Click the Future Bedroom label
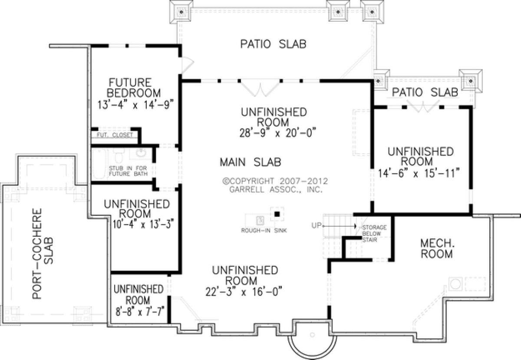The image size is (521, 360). [134, 88]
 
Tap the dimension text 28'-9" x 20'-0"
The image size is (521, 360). [278, 132]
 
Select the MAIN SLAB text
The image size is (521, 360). [251, 162]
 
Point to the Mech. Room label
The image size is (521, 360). [437, 249]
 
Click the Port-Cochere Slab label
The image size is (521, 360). [43, 254]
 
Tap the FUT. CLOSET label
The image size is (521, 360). [115, 135]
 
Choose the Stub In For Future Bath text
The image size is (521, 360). [128, 171]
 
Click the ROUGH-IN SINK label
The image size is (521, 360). [264, 231]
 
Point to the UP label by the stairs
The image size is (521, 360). [316, 225]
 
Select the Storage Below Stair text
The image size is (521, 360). [374, 233]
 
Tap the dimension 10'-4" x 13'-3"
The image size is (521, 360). [144, 224]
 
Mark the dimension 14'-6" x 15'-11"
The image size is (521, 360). [419, 173]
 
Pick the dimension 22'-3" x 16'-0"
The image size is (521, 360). [244, 291]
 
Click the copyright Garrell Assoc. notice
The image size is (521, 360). [275, 185]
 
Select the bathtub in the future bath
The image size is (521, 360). [99, 164]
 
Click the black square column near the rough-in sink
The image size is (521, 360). [277, 214]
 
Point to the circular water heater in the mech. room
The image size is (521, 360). [455, 284]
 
